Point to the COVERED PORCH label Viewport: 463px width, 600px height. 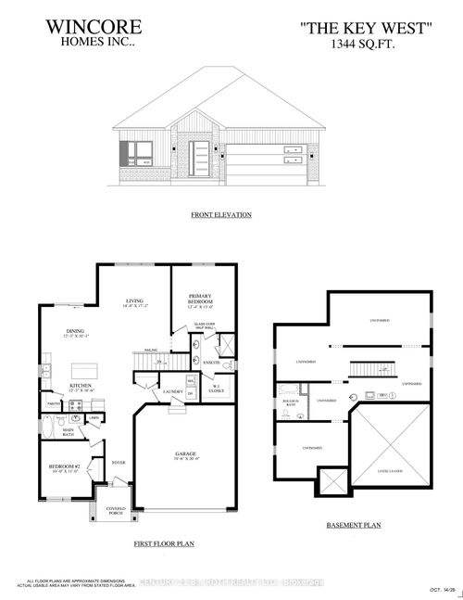click(x=117, y=509)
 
